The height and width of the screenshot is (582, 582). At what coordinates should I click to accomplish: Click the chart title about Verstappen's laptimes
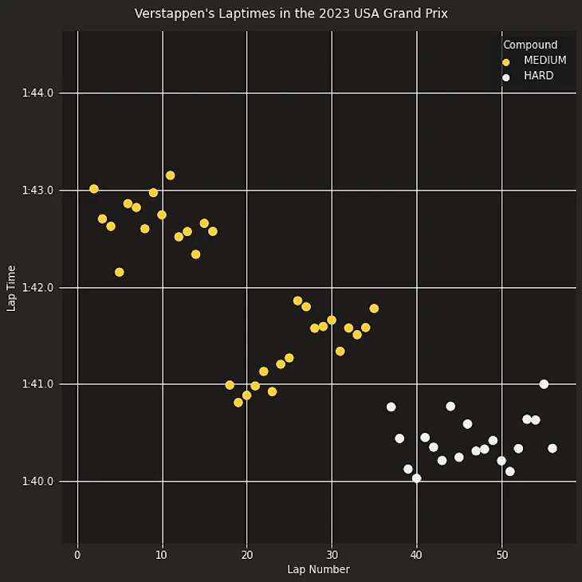tap(291, 14)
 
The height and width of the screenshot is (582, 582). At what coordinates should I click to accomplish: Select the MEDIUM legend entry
tap(545, 61)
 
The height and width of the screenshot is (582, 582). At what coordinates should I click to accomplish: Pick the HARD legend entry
tap(538, 77)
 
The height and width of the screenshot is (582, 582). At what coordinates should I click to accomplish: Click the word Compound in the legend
tap(530, 45)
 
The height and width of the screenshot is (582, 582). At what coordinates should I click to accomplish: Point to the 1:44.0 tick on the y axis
tap(38, 93)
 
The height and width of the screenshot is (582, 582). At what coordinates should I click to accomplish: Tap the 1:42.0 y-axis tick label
tap(38, 287)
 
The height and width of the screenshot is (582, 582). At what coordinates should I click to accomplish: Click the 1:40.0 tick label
tap(38, 482)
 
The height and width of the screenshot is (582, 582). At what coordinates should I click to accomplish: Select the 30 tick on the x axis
tap(331, 555)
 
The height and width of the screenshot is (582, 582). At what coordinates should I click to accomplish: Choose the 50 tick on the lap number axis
tap(501, 555)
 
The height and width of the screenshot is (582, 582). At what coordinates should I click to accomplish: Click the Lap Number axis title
tap(318, 569)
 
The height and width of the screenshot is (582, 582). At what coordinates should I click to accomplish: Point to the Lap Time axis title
tap(12, 288)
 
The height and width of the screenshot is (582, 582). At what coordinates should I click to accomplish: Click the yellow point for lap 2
tap(94, 189)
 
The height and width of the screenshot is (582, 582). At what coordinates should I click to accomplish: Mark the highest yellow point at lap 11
tap(170, 175)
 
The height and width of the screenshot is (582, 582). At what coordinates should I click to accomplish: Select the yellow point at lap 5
tap(120, 272)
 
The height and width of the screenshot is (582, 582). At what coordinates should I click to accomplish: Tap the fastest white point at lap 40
tap(416, 478)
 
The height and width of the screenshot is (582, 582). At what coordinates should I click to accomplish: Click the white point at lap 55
tap(544, 384)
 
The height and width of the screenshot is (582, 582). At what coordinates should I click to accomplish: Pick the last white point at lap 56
tap(553, 448)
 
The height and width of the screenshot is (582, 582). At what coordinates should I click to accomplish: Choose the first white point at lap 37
tap(391, 407)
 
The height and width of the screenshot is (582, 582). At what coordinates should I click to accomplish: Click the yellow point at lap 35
tap(374, 309)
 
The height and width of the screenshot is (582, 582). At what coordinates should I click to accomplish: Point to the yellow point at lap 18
tap(230, 385)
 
